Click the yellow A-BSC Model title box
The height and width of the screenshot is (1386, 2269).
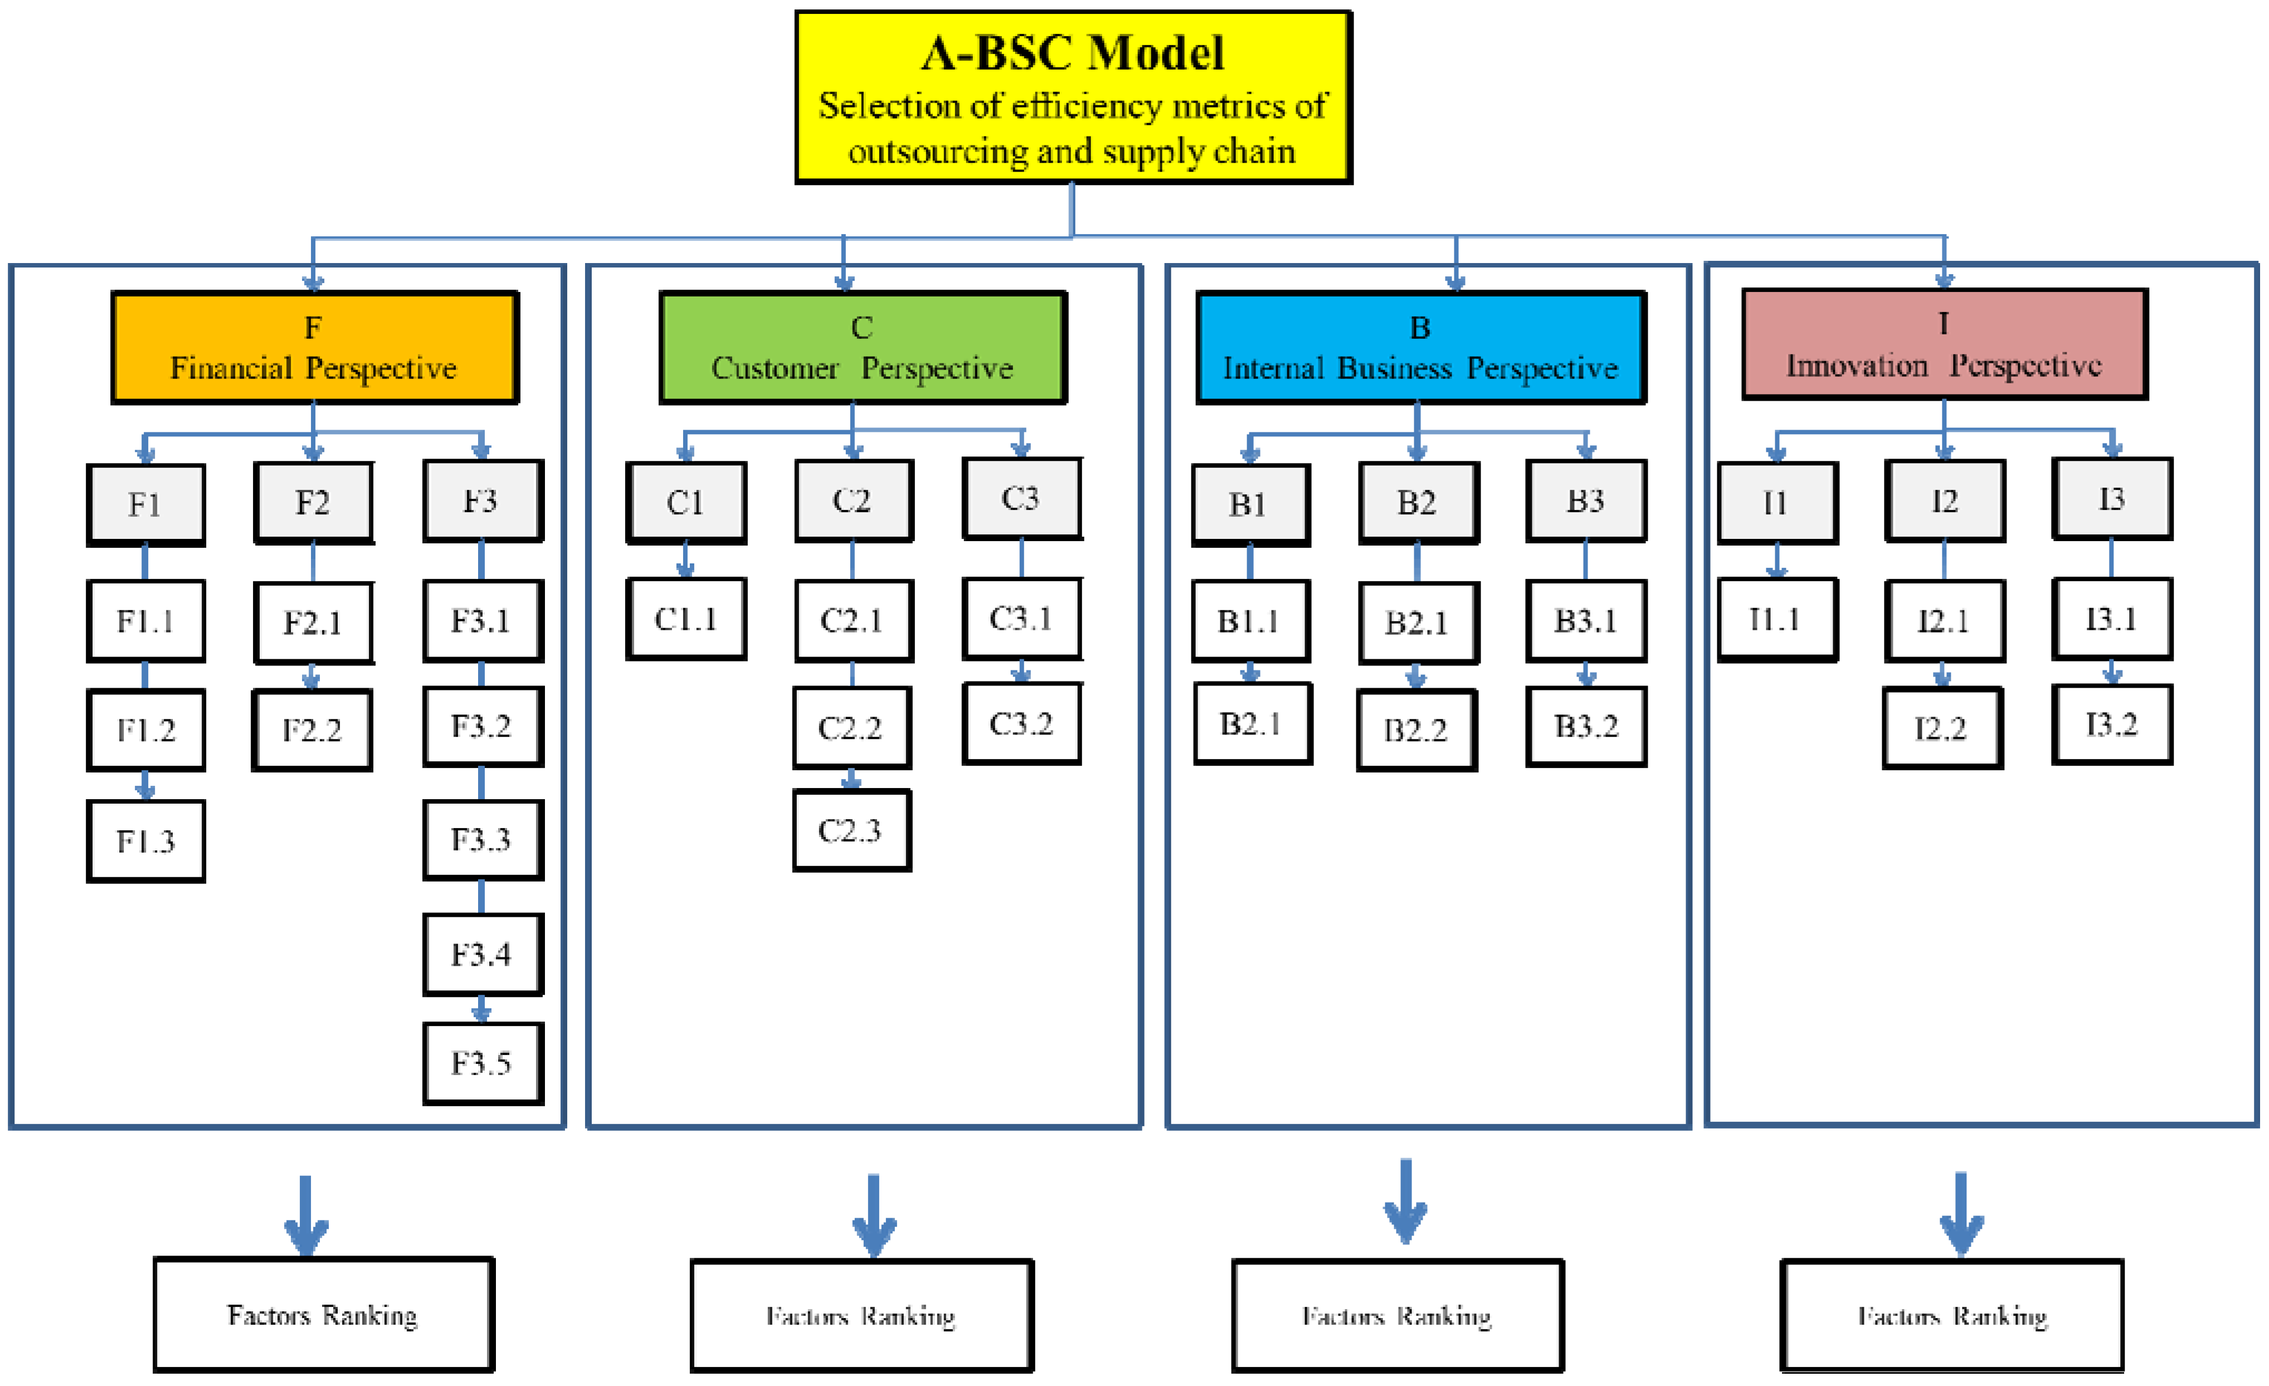[x=1073, y=98]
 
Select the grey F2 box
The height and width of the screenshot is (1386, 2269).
[x=313, y=503]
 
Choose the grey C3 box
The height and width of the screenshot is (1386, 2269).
[x=1021, y=498]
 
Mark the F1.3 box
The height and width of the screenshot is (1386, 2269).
[x=145, y=841]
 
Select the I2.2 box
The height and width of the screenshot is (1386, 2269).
[x=1942, y=728]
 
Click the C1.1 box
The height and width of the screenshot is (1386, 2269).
[x=686, y=619]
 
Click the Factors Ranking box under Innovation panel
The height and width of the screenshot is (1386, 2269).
[x=1952, y=1315]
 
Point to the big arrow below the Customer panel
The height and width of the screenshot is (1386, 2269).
[x=873, y=1215]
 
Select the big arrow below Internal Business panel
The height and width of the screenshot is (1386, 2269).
[x=1405, y=1202]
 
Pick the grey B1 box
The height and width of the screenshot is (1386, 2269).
[x=1250, y=505]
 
